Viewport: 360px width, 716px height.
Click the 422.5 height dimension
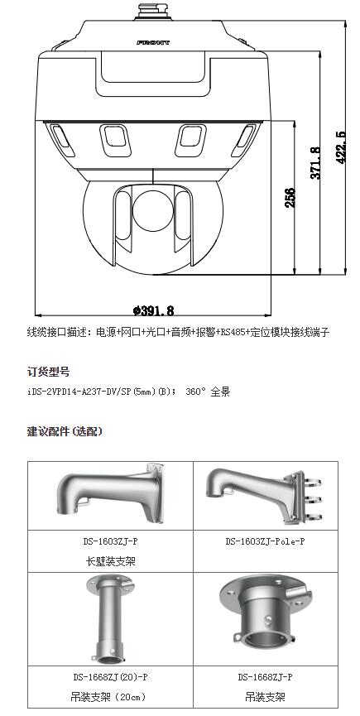tap(340, 147)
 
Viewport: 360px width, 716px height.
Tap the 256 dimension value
tap(290, 197)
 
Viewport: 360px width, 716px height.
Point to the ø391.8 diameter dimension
tap(153, 310)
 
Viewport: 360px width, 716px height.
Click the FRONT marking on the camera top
tap(153, 42)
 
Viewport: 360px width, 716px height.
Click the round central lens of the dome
tap(153, 211)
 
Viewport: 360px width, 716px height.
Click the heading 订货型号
tap(48, 372)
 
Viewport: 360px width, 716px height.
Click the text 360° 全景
tap(208, 392)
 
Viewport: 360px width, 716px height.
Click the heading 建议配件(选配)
tap(65, 431)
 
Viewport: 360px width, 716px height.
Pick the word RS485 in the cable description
tap(233, 332)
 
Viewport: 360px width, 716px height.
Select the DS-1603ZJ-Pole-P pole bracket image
tap(262, 494)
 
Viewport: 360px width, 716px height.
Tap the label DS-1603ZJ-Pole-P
tap(265, 541)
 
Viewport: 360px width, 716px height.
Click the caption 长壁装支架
tap(111, 560)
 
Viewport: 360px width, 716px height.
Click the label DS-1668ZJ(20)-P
tap(110, 678)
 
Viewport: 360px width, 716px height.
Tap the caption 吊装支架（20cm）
tap(110, 697)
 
